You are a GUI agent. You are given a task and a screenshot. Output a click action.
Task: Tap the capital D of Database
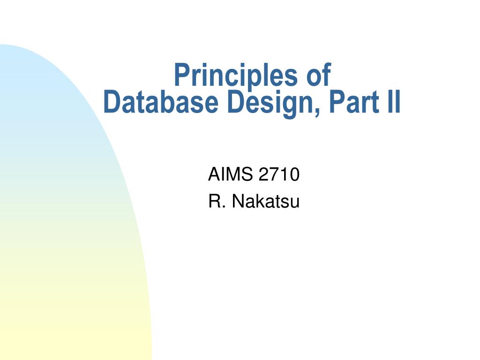click(x=111, y=103)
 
